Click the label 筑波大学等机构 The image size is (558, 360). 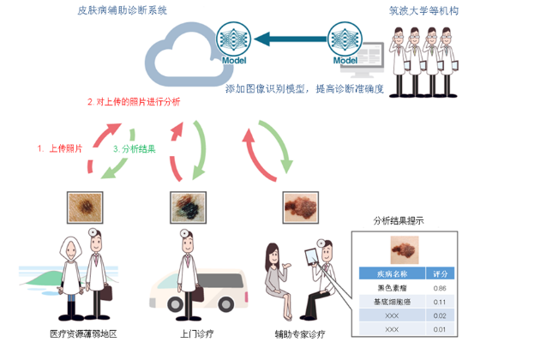pos(419,11)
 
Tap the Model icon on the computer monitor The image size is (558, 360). pos(344,45)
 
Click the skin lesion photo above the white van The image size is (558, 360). pos(186,207)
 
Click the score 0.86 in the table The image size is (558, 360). pos(441,289)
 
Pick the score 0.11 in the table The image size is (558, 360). pos(441,302)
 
